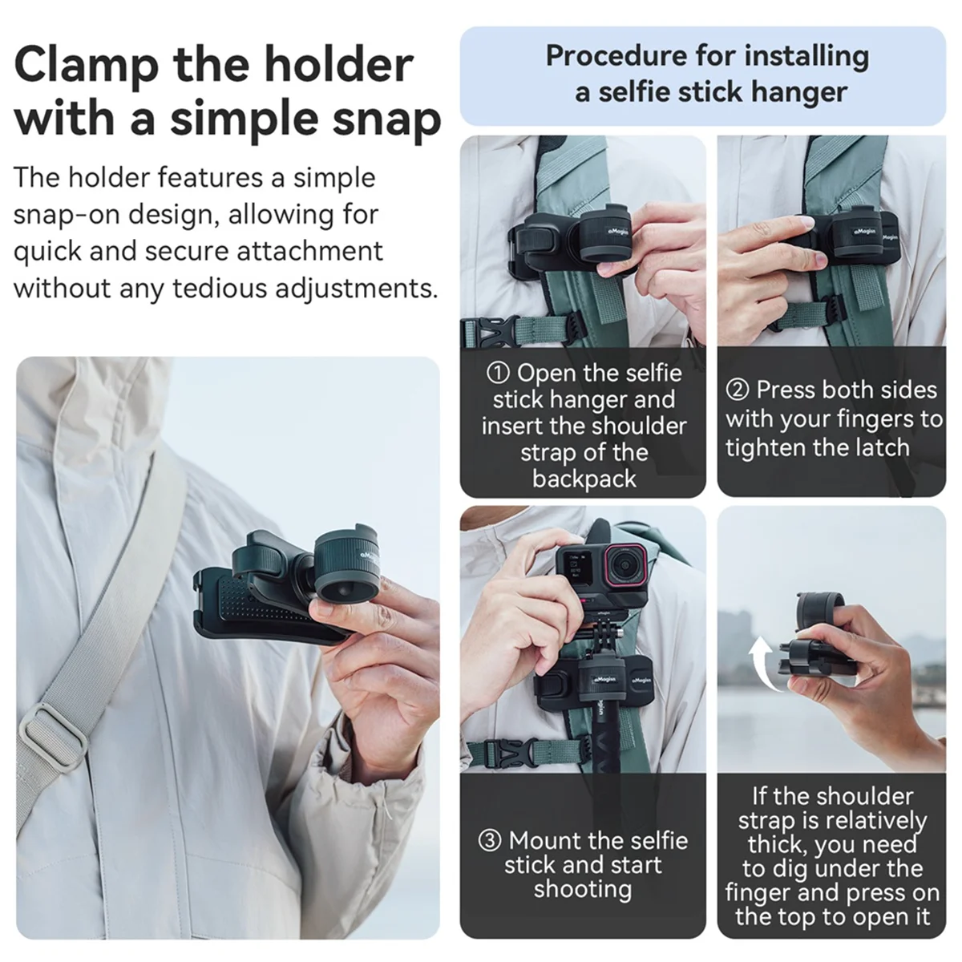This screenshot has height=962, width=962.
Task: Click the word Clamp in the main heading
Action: pyautogui.click(x=86, y=65)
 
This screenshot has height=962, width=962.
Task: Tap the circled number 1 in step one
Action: pyautogui.click(x=499, y=373)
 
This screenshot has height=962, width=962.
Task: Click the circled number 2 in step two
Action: pyautogui.click(x=738, y=390)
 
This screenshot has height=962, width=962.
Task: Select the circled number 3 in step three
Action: pyautogui.click(x=491, y=841)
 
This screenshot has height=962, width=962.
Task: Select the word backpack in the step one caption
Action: pyautogui.click(x=584, y=479)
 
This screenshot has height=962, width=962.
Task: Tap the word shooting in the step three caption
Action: pyautogui.click(x=583, y=889)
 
